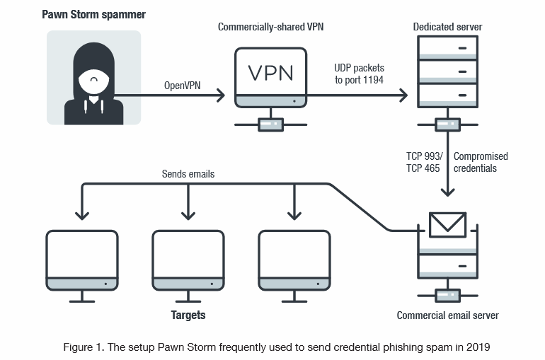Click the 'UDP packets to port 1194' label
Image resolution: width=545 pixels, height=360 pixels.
(359, 74)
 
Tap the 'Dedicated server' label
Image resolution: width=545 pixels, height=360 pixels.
(447, 27)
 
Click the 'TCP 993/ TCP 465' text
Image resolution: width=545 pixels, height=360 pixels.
(424, 162)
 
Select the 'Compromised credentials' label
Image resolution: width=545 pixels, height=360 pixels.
(481, 162)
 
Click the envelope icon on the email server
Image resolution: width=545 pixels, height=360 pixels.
(447, 225)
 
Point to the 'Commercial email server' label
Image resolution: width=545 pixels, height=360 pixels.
(447, 315)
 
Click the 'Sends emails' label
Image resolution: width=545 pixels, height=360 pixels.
(188, 173)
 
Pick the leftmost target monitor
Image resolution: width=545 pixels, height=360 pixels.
(82, 260)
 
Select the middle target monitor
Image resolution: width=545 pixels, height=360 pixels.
(188, 260)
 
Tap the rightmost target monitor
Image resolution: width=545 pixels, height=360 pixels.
(294, 260)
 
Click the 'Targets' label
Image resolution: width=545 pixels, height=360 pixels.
(188, 315)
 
